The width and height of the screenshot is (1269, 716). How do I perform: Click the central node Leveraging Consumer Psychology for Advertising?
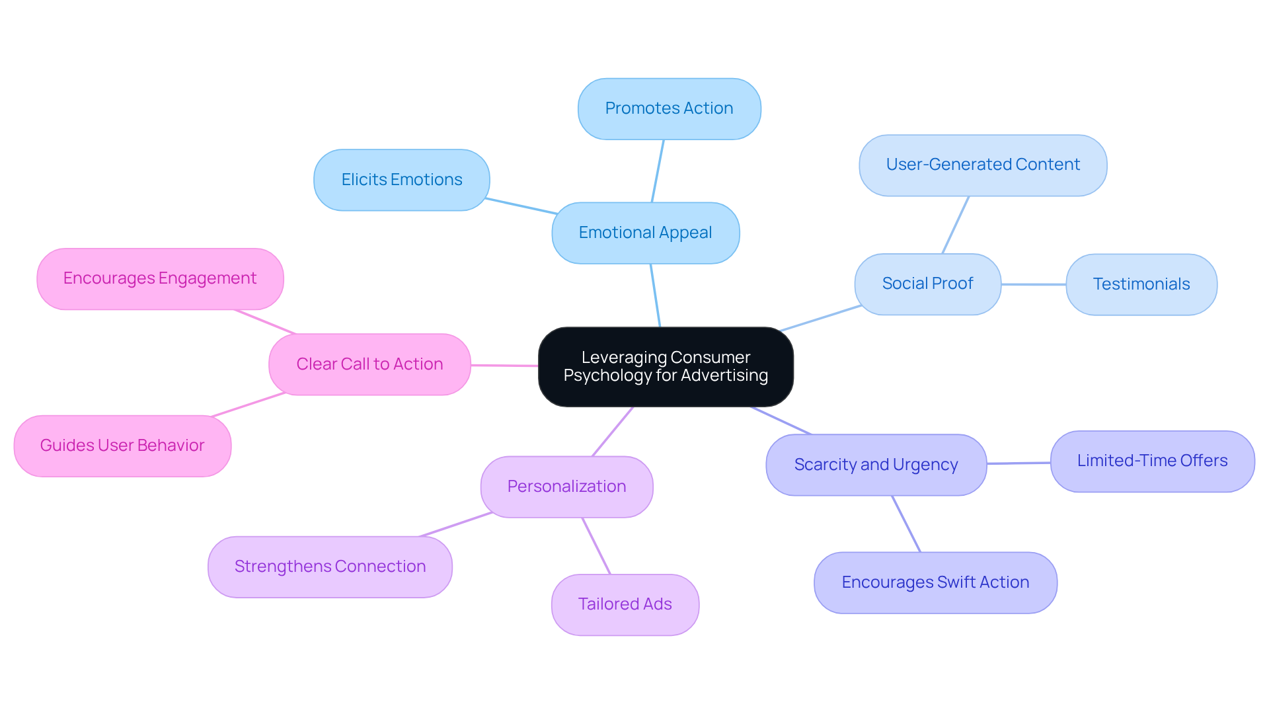pyautogui.click(x=666, y=366)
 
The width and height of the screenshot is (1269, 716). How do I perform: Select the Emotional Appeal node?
pyautogui.click(x=645, y=233)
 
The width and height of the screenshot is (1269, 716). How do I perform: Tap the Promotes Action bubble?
pyautogui.click(x=669, y=108)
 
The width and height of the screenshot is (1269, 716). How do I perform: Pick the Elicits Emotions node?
pyautogui.click(x=401, y=180)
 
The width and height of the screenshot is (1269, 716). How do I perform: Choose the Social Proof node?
pyautogui.click(x=927, y=284)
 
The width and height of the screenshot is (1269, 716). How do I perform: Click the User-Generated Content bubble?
pyautogui.click(x=983, y=165)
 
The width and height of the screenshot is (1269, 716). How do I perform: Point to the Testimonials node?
pyautogui.click(x=1141, y=284)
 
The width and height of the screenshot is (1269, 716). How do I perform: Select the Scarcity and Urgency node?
pyautogui.click(x=876, y=465)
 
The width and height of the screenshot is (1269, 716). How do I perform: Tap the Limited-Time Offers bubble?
pyautogui.click(x=1152, y=461)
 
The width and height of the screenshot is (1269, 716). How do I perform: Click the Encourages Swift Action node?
pyautogui.click(x=935, y=582)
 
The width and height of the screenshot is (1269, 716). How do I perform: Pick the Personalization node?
pyautogui.click(x=566, y=487)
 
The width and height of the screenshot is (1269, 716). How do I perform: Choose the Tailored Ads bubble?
pyautogui.click(x=625, y=604)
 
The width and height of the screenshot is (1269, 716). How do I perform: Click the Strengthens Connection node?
pyautogui.click(x=330, y=567)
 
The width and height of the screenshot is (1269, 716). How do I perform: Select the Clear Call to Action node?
pyautogui.click(x=369, y=364)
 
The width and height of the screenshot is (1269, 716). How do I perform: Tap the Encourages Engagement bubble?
pyautogui.click(x=160, y=278)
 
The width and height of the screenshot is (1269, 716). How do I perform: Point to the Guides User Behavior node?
pyautogui.click(x=122, y=446)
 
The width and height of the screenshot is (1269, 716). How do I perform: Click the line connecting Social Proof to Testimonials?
pyautogui.click(x=1034, y=284)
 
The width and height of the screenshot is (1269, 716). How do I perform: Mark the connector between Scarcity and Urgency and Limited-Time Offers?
pyautogui.click(x=1019, y=463)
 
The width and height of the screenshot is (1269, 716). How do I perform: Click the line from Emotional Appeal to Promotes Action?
pyautogui.click(x=658, y=171)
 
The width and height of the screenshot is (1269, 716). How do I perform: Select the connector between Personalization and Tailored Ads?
pyautogui.click(x=596, y=546)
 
